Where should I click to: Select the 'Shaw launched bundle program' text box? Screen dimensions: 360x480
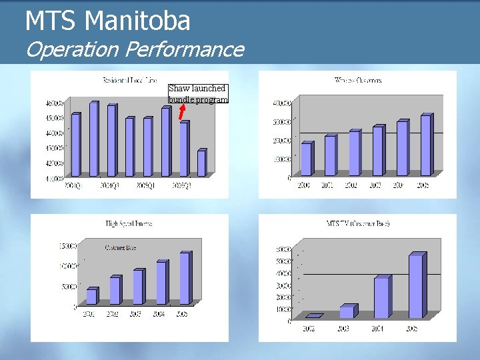click(x=198, y=93)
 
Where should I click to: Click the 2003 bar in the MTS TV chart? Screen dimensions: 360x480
click(x=347, y=312)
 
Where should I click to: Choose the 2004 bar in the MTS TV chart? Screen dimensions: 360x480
click(x=381, y=297)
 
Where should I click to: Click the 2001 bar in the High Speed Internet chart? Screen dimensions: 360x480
click(x=91, y=296)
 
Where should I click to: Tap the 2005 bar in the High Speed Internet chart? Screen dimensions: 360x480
click(x=185, y=278)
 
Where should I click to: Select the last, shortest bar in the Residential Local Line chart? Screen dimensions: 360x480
click(x=201, y=163)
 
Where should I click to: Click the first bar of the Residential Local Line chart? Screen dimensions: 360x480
click(x=75, y=145)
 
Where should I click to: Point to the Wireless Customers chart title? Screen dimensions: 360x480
click(x=358, y=81)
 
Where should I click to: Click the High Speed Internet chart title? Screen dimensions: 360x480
click(x=129, y=224)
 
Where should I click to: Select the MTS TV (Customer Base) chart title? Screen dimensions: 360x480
click(x=358, y=223)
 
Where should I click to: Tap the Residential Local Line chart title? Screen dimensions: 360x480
click(x=129, y=81)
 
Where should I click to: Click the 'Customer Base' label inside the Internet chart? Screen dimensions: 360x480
click(x=120, y=248)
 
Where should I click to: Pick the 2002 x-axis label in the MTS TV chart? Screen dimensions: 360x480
click(x=309, y=328)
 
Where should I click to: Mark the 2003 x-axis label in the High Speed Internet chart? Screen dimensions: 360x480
click(x=136, y=313)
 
